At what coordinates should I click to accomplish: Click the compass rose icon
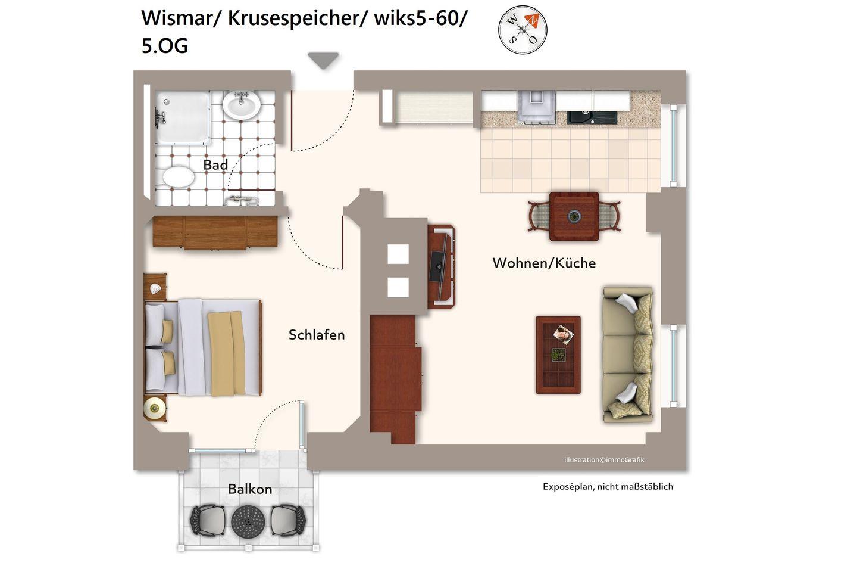(523, 30)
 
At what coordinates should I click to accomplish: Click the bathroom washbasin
(242, 105)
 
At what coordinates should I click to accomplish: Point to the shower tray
(183, 117)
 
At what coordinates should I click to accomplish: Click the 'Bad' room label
(215, 164)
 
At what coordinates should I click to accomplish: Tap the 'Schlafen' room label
(317, 335)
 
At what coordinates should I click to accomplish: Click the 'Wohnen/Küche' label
(544, 263)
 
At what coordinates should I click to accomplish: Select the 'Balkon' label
(250, 489)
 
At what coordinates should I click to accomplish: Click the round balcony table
(248, 521)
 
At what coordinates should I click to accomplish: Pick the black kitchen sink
(592, 117)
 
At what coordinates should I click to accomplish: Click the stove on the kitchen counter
(536, 107)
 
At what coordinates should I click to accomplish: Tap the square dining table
(574, 216)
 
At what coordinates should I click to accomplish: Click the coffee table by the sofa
(558, 355)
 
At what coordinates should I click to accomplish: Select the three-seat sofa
(628, 355)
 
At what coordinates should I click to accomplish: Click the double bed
(203, 347)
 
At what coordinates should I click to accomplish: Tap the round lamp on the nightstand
(154, 408)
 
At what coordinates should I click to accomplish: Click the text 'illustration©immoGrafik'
(604, 460)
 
